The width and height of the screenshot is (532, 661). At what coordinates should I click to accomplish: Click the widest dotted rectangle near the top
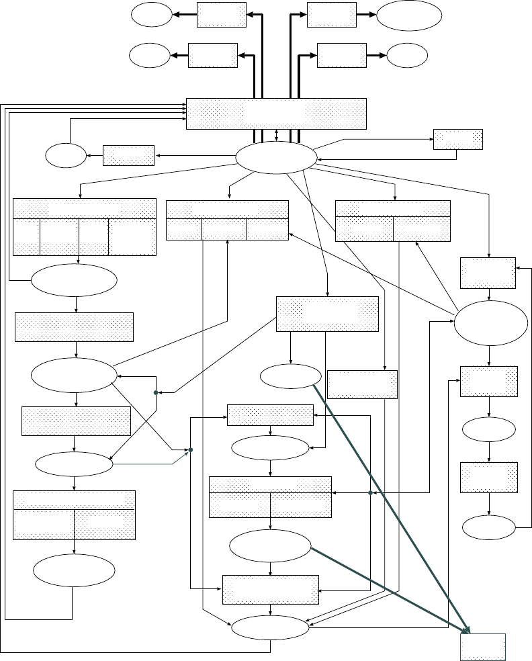[x=276, y=114]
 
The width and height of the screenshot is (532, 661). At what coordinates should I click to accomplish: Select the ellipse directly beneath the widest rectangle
[x=276, y=158]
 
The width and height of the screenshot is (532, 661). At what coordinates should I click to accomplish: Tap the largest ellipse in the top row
[x=410, y=15]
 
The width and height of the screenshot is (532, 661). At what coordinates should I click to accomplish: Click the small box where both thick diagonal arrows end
[x=482, y=647]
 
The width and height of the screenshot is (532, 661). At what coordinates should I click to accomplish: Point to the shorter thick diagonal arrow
[x=390, y=588]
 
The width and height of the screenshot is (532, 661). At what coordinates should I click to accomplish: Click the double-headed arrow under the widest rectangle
[x=277, y=135]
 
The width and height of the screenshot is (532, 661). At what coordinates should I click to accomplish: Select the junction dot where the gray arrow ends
[x=191, y=449]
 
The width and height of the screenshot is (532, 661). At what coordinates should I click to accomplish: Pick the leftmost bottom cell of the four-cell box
[x=26, y=236]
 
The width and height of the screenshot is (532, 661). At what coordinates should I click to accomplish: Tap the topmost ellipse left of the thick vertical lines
[x=151, y=15]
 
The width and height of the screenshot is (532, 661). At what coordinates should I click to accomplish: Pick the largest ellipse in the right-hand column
[x=491, y=323]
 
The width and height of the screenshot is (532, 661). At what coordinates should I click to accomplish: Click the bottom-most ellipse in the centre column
[x=270, y=627]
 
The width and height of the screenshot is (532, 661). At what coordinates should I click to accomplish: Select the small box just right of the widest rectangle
[x=458, y=139]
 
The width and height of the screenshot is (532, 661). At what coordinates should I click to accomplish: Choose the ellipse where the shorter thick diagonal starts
[x=270, y=546]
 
